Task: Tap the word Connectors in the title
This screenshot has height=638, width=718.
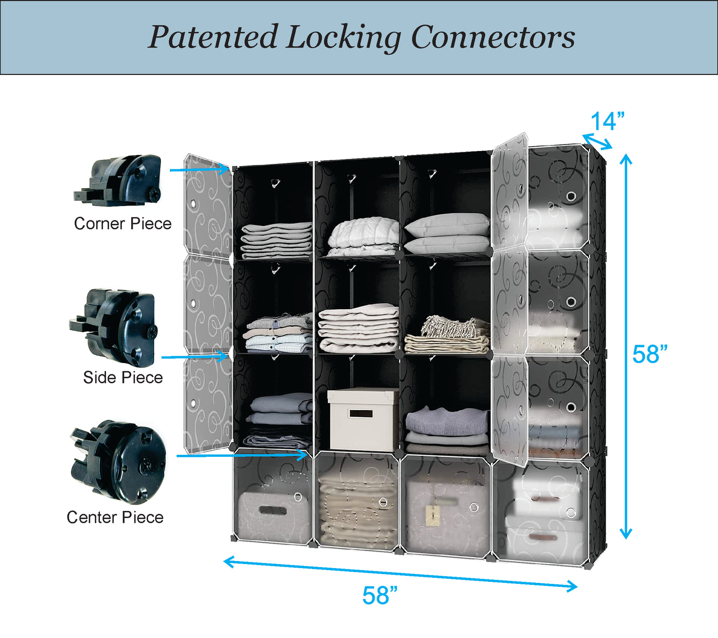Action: pyautogui.click(x=493, y=37)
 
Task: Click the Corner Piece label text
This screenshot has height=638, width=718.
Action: pyautogui.click(x=123, y=223)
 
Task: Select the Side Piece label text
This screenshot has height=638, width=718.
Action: pyautogui.click(x=123, y=377)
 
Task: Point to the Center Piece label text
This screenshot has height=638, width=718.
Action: pyautogui.click(x=115, y=517)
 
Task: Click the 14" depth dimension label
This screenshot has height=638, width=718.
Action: pyautogui.click(x=607, y=122)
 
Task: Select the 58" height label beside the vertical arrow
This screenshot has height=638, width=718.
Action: pyautogui.click(x=649, y=354)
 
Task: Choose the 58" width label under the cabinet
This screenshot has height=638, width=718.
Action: pyautogui.click(x=380, y=595)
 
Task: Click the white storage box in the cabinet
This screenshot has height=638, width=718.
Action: pyautogui.click(x=363, y=419)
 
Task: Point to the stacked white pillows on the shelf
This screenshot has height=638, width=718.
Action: pyautogui.click(x=447, y=233)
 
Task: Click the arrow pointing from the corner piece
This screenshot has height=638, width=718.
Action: pyautogui.click(x=199, y=170)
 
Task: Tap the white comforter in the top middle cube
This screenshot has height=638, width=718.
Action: pyautogui.click(x=363, y=234)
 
